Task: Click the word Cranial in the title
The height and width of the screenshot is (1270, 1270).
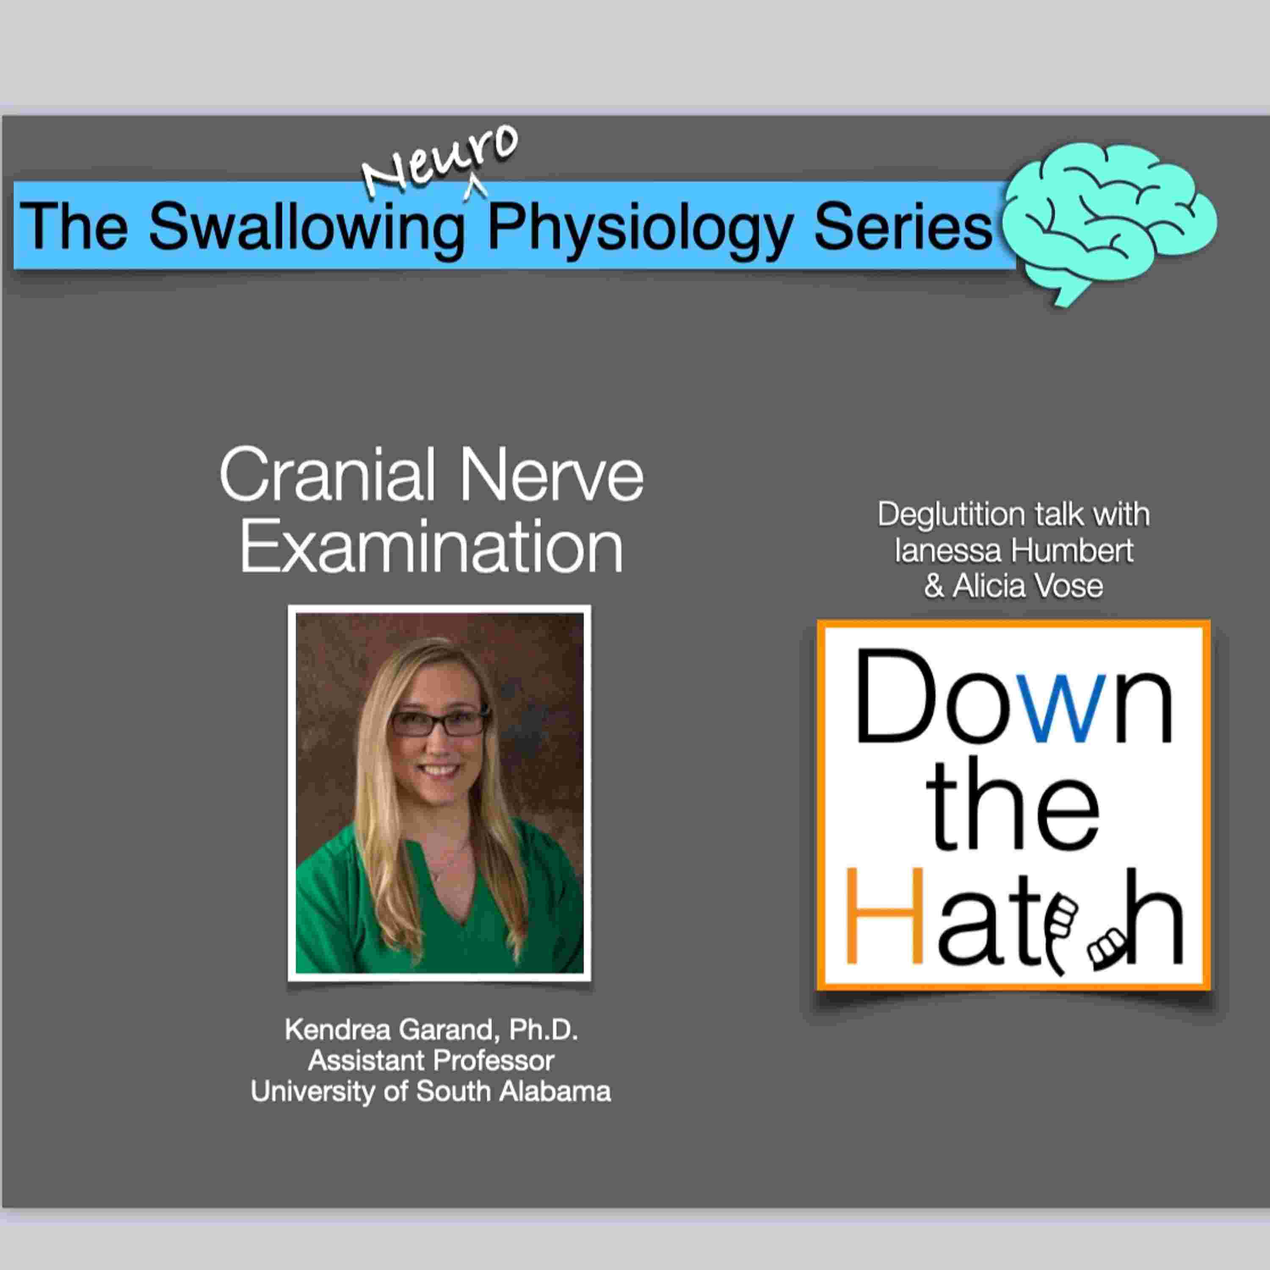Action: tap(327, 475)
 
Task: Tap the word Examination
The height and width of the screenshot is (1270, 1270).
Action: tap(431, 546)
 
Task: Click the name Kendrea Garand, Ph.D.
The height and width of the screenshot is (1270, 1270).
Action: tap(431, 1030)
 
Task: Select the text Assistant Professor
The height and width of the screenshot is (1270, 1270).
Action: tap(431, 1060)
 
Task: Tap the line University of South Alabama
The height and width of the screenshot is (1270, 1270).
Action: tap(431, 1091)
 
